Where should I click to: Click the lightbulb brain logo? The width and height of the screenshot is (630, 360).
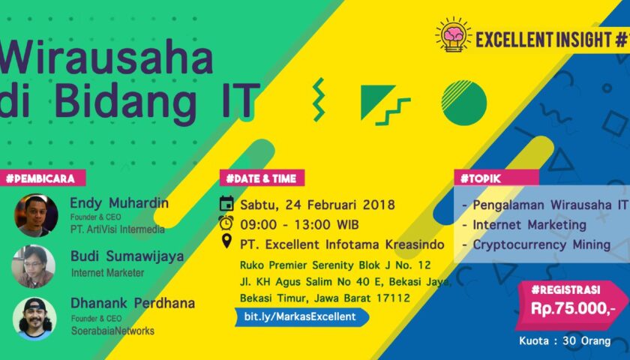coord(454,34)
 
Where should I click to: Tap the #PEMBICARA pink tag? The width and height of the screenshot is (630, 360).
coord(42,178)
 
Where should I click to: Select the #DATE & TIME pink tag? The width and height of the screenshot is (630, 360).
coord(262,178)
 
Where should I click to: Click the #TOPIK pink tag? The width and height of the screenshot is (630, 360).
coord(496,178)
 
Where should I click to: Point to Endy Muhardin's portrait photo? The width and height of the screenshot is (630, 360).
coord(36,215)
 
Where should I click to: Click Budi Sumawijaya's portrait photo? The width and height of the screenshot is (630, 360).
coord(33,266)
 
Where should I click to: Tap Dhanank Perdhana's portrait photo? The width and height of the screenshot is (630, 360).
coord(34,319)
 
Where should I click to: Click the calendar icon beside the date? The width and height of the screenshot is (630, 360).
coord(226,204)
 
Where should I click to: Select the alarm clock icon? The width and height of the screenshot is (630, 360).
coord(226,223)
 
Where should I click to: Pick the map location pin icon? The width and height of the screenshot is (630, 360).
coord(226,241)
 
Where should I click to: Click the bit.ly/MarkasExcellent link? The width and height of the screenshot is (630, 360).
coord(301,316)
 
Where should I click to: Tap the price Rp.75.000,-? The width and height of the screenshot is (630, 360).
coord(573,308)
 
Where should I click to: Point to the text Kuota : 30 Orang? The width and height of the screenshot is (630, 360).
coord(565,341)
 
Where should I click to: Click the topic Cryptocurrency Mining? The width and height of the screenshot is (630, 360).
coord(541,244)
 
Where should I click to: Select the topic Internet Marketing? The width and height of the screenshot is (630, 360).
coord(529,224)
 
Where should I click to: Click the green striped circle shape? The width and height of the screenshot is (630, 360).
coord(464,103)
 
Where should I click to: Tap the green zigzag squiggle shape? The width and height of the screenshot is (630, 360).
coord(319,99)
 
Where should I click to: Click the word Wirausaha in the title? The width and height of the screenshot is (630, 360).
coord(105,57)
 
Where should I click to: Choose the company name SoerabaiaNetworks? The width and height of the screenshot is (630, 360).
coord(113,331)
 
